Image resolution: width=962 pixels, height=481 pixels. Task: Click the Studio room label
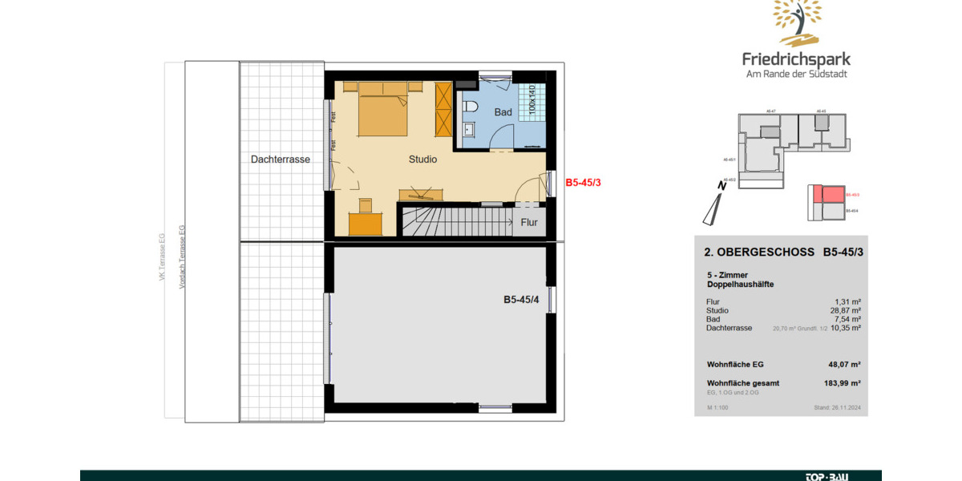coord(422,160)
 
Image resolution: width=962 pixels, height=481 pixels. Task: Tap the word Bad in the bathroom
coord(503,113)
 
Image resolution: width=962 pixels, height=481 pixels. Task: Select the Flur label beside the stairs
coord(529,223)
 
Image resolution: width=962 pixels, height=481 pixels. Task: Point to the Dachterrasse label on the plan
coord(280,160)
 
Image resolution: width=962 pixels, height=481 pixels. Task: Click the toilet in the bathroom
coord(470,107)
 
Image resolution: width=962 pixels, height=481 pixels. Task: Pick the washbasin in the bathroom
coord(469,129)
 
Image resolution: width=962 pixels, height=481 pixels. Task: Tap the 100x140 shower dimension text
coord(532,99)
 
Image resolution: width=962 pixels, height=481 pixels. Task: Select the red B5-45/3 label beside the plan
coord(583,183)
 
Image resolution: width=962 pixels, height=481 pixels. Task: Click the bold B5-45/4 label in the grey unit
coord(520,301)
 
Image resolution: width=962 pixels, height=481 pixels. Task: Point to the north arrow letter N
coord(722,186)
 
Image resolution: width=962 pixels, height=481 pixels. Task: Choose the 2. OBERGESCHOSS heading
coord(748,252)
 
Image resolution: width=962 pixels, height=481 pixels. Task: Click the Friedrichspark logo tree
coord(797,22)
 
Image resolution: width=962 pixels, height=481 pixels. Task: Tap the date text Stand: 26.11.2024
coord(836,407)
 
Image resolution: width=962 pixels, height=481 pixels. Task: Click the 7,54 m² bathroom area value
coord(847,319)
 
